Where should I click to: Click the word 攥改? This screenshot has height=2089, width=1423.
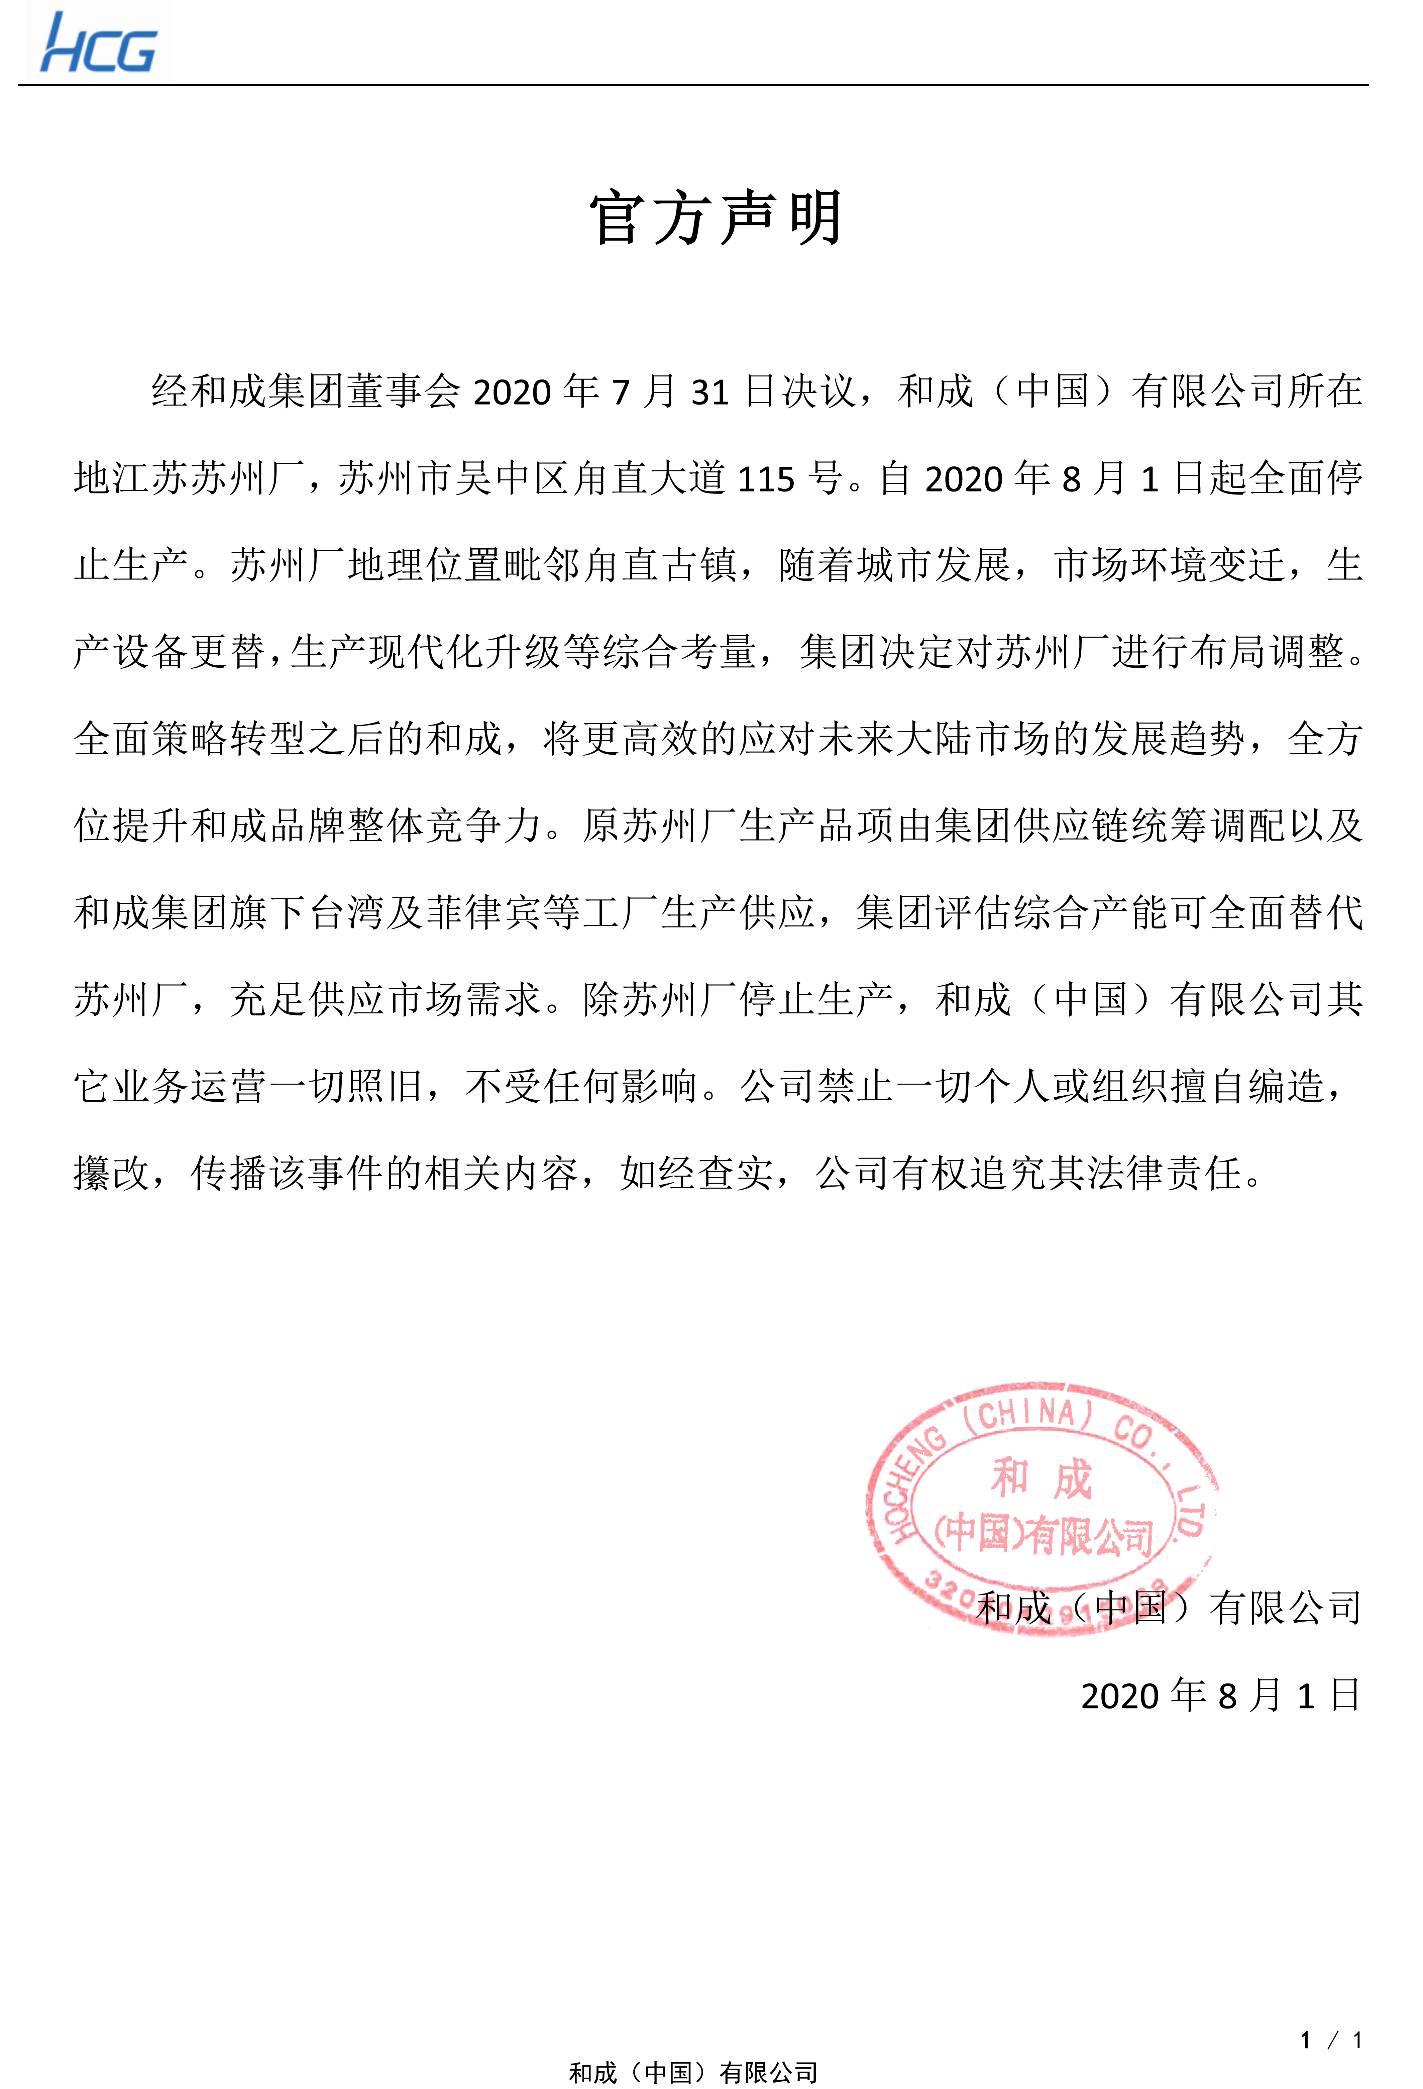click(x=111, y=1173)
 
